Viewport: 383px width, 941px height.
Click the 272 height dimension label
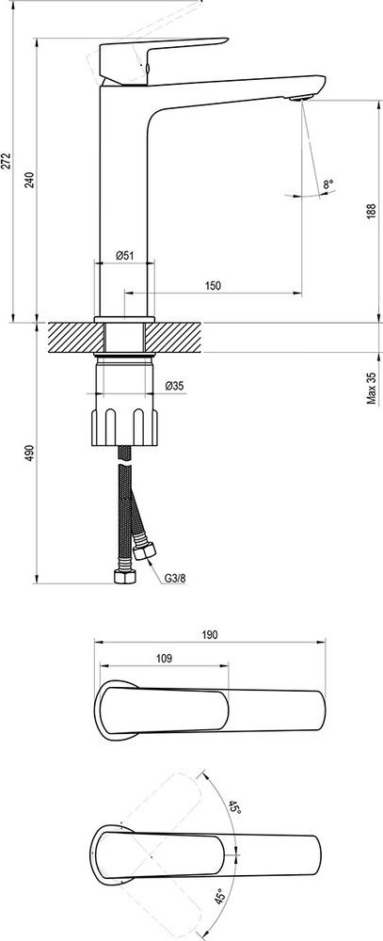pos(6,162)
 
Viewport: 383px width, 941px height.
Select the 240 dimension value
pos(30,179)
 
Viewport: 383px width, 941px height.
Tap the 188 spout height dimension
pos(372,210)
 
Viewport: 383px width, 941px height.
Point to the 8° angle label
pos(327,184)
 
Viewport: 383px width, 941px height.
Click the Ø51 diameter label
pos(124,254)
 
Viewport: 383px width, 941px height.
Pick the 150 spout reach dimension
pos(213,286)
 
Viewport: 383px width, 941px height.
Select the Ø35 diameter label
pos(174,386)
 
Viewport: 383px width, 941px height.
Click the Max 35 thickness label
pos(372,388)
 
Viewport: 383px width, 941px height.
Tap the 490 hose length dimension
pos(30,454)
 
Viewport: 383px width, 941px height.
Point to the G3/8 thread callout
pos(175,580)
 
